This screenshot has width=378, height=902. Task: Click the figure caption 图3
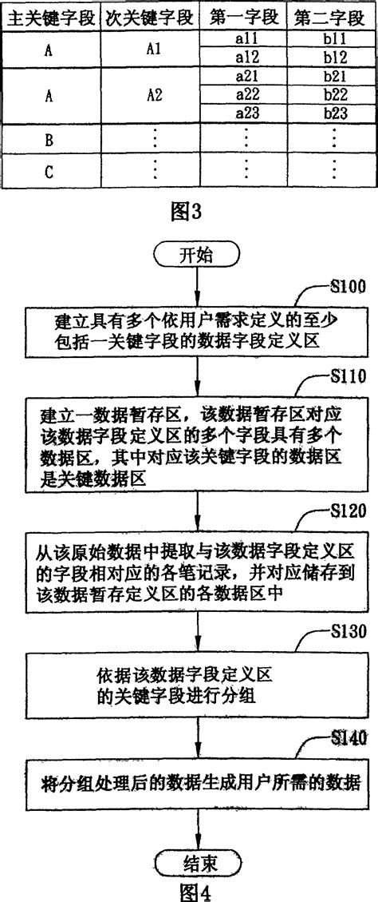point(189,212)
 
